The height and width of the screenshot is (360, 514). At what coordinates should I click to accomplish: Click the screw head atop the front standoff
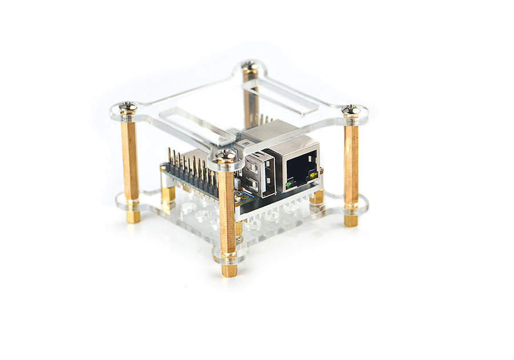pyautogui.click(x=226, y=155)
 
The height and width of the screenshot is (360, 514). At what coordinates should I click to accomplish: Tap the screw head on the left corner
pyautogui.click(x=128, y=107)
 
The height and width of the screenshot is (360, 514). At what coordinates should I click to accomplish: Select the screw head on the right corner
pyautogui.click(x=351, y=109)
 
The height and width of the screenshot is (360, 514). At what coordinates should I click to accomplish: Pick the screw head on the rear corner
pyautogui.click(x=249, y=66)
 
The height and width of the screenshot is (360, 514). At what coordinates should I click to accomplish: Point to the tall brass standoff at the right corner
pyautogui.click(x=351, y=166)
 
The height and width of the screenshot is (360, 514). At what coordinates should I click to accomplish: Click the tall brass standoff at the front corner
pyautogui.click(x=227, y=211)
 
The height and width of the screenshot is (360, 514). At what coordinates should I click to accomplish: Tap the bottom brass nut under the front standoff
pyautogui.click(x=229, y=270)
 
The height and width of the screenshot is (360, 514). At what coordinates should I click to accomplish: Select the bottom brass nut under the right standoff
pyautogui.click(x=351, y=220)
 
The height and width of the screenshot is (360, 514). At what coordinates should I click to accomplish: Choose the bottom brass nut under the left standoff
pyautogui.click(x=132, y=216)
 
